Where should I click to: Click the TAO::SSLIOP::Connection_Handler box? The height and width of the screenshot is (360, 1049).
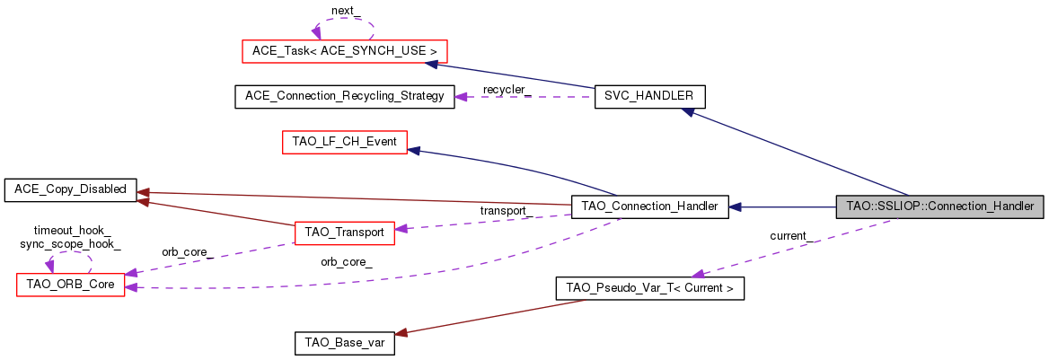940,206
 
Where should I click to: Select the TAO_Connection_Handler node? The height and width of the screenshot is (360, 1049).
649,206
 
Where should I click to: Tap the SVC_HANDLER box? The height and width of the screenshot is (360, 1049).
649,97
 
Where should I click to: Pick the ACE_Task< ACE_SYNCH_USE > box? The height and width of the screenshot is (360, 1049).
344,51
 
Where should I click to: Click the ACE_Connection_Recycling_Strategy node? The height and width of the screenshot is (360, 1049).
344,97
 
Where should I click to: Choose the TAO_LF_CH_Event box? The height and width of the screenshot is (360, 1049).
344,142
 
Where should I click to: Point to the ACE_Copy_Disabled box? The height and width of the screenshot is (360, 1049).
69,189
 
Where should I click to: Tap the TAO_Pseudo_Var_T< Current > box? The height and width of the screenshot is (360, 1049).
649,289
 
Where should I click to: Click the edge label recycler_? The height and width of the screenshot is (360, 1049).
507,90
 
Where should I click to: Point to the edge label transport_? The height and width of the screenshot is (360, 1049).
503,211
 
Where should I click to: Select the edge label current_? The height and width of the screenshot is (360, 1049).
793,236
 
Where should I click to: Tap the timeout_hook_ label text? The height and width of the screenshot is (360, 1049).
70,231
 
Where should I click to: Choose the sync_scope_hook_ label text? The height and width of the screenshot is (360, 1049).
70,243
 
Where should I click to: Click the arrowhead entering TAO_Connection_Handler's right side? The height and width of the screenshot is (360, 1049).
734,206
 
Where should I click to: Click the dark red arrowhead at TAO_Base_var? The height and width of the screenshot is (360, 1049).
401,333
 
